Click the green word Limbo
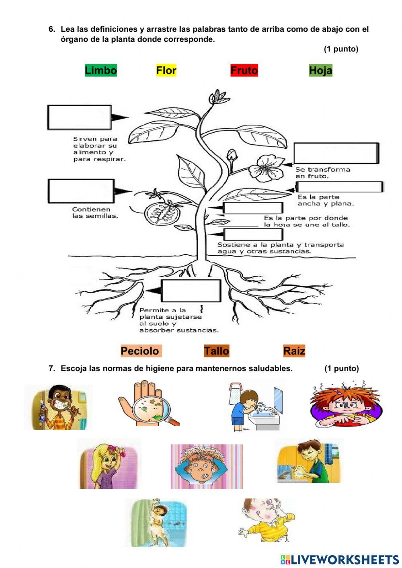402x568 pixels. coord(100,70)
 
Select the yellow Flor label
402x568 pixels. coord(166,70)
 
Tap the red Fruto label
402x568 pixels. coord(244,70)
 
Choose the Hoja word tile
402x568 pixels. coord(320,70)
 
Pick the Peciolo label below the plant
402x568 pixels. coord(140,351)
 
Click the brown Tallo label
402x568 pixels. coord(216,351)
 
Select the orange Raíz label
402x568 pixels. coord(294,351)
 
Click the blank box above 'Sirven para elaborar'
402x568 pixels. coord(80,117)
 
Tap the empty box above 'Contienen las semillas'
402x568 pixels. coord(81,191)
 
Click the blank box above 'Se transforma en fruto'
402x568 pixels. coord(336,153)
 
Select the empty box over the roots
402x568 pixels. coord(191,291)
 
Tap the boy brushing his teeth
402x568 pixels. coord(58,408)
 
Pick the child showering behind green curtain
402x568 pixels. coord(156,523)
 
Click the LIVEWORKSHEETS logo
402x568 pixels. coord(340,560)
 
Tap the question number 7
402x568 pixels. coord(51,369)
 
